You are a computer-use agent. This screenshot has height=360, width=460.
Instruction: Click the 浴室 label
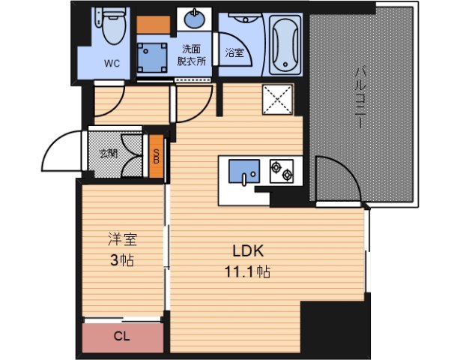234,52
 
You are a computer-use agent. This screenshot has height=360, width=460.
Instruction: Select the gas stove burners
282,171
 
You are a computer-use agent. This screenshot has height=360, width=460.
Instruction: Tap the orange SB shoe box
156,157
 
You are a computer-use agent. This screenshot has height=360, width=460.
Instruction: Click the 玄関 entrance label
108,154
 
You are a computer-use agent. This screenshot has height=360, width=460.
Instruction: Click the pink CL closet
121,337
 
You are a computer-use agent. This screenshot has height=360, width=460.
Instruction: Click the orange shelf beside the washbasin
154,23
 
